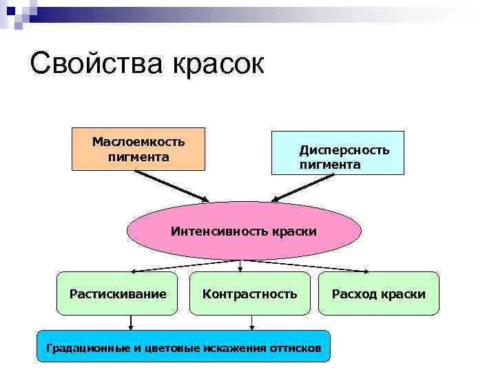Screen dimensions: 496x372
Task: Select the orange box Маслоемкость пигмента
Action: point(138,149)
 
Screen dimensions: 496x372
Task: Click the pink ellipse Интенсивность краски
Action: point(244,231)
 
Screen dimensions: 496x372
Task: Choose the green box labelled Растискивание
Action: point(118,294)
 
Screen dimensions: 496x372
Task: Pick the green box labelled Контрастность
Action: point(249,294)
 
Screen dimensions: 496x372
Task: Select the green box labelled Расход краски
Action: point(378,294)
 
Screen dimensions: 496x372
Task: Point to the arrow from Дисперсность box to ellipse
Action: point(303,186)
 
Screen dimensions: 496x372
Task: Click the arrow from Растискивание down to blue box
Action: point(131,323)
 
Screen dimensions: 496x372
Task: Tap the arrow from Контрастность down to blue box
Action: point(251,323)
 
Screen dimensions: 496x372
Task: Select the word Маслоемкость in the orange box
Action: point(138,142)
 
